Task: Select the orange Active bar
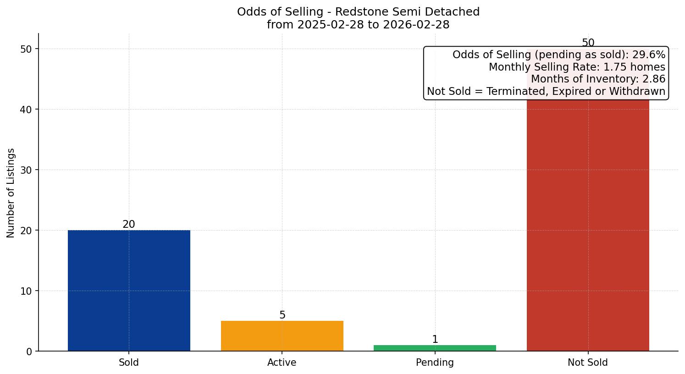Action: pyautogui.click(x=282, y=335)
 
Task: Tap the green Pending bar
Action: pyautogui.click(x=435, y=348)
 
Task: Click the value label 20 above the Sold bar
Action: pyautogui.click(x=129, y=224)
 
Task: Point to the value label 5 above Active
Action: pyautogui.click(x=282, y=315)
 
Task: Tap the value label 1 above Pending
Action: pyautogui.click(x=435, y=339)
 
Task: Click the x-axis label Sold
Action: pyautogui.click(x=129, y=363)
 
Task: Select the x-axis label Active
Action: pyautogui.click(x=282, y=363)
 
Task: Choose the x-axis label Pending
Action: pyautogui.click(x=435, y=363)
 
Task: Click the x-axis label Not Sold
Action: pyautogui.click(x=588, y=363)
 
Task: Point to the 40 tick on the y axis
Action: pyautogui.click(x=27, y=110)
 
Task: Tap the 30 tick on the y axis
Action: pyautogui.click(x=27, y=170)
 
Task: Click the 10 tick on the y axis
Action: pyautogui.click(x=27, y=291)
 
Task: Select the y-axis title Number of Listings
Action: pyautogui.click(x=11, y=192)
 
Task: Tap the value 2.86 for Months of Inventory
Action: pyautogui.click(x=653, y=79)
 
